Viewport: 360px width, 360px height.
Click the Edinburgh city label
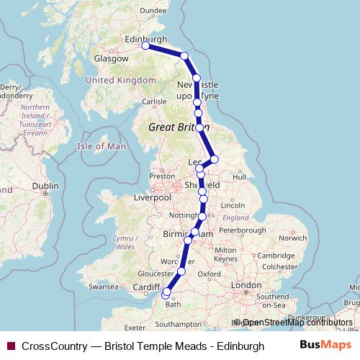click(146, 39)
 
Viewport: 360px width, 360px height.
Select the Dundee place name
click(153, 10)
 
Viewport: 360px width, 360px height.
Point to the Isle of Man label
click(102, 146)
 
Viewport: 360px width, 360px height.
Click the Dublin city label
click(45, 186)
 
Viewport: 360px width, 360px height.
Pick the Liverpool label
click(152, 197)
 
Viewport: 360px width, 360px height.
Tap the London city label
click(246, 285)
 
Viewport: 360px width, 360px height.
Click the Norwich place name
click(293, 237)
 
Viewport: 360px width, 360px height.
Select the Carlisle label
click(154, 102)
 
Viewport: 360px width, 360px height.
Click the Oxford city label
click(210, 274)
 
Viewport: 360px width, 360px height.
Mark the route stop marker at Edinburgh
click(145, 45)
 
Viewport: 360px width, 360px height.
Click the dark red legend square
click(11, 346)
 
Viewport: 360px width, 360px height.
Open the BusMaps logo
click(325, 346)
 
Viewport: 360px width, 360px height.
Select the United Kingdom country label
click(120, 81)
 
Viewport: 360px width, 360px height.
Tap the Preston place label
click(163, 176)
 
